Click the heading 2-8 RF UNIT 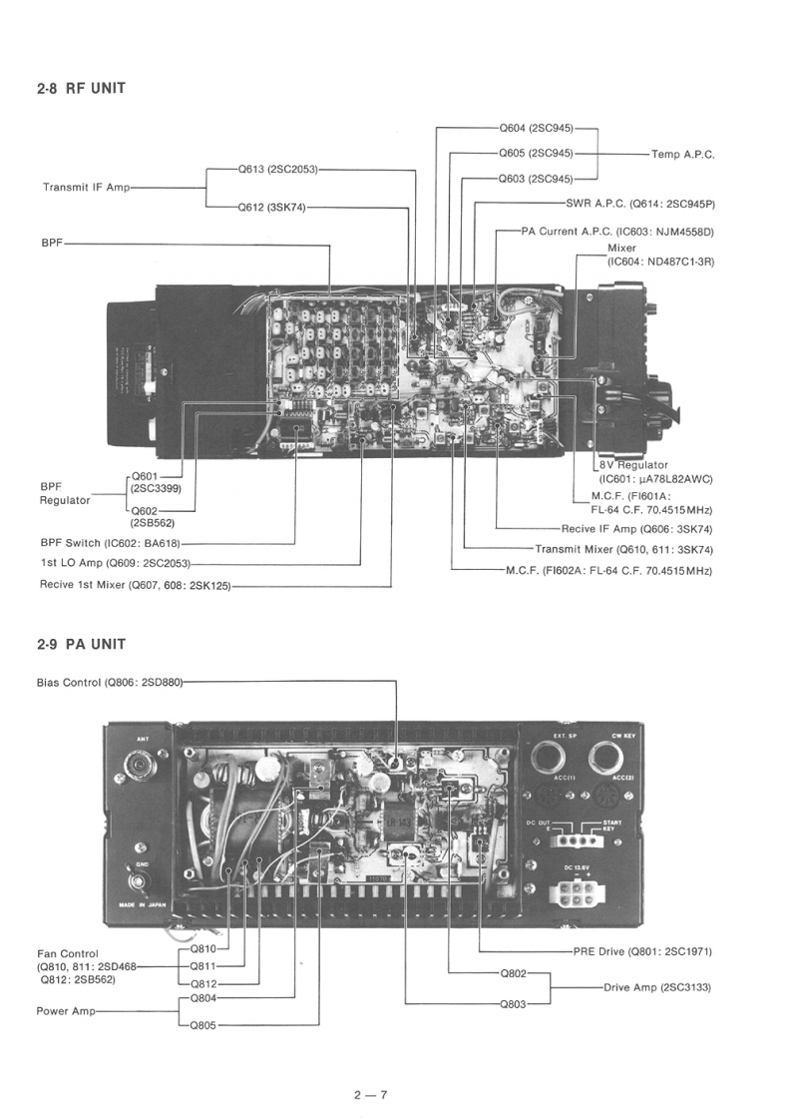(x=81, y=89)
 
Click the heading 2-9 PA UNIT (x=81, y=644)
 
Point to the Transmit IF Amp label (x=86, y=187)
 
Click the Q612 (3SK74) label (x=271, y=208)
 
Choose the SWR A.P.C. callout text (x=640, y=204)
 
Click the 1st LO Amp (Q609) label (x=116, y=564)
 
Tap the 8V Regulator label (x=633, y=465)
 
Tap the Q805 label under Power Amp (x=203, y=1025)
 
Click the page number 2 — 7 (x=369, y=1095)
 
